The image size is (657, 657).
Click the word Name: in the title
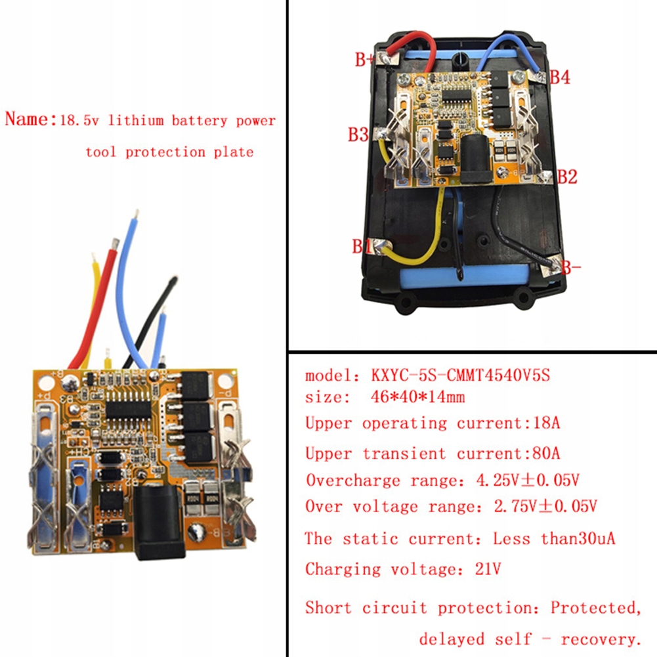coord(30,119)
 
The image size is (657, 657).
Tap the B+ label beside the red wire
coord(364,60)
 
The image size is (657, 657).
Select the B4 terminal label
coord(560,77)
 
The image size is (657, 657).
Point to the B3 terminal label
coord(358,135)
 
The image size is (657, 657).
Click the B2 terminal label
coord(567,177)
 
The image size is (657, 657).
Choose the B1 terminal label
coord(361,246)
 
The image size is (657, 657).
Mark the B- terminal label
coord(570,267)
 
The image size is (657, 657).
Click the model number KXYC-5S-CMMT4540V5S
coord(460,375)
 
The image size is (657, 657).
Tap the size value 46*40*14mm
coord(417,396)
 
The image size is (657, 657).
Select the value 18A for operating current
coord(546,423)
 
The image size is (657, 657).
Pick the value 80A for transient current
coord(546,453)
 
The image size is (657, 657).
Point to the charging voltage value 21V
coord(488,568)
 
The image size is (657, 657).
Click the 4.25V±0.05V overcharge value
coord(528,480)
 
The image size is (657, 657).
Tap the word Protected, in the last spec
coord(596,608)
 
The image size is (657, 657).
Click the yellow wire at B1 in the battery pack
coord(415,235)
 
